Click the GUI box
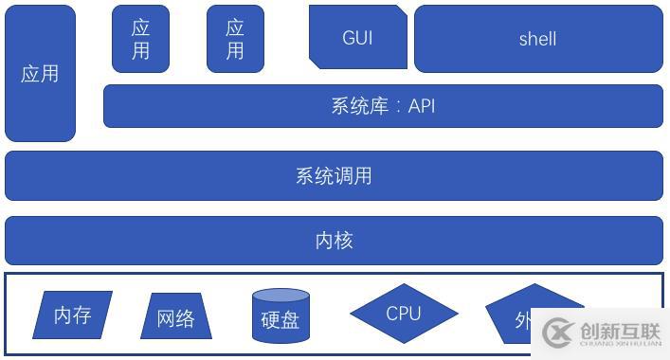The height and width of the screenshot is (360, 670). (357, 38)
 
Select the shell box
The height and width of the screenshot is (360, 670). (537, 39)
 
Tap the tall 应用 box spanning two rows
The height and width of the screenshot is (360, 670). (40, 74)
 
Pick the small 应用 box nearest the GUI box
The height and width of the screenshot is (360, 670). (235, 39)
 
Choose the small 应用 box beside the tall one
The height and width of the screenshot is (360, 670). (140, 39)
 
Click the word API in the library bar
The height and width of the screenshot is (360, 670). (422, 106)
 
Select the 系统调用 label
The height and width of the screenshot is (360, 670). (334, 175)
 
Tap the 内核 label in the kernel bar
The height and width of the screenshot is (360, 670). (334, 241)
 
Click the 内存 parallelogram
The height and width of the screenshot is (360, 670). (72, 315)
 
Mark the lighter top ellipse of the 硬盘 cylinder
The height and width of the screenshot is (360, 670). (281, 296)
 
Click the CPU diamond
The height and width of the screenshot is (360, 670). (404, 313)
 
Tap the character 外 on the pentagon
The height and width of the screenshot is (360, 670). (523, 320)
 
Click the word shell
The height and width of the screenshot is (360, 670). (537, 39)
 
